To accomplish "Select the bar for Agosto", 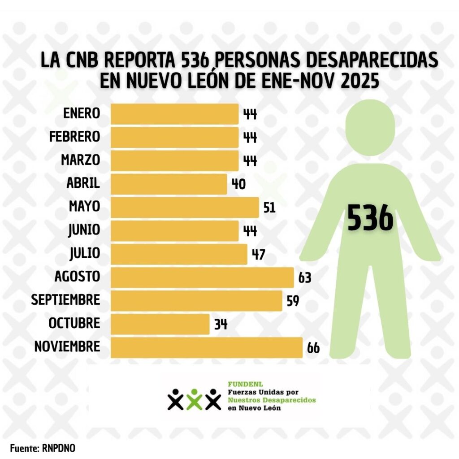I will [202, 277].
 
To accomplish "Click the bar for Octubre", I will [160, 324].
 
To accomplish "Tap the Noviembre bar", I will [206, 347].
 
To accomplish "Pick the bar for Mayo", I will [184, 208].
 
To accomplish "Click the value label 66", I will [313, 348].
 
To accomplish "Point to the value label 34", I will [221, 325].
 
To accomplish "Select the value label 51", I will [269, 208].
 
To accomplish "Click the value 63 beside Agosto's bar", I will [305, 278].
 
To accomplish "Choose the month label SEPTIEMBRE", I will [65, 300].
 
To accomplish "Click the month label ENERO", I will [82, 114].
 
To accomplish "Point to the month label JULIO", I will [85, 254].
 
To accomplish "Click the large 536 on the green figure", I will [370, 218].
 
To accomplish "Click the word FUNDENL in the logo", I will [239, 384].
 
